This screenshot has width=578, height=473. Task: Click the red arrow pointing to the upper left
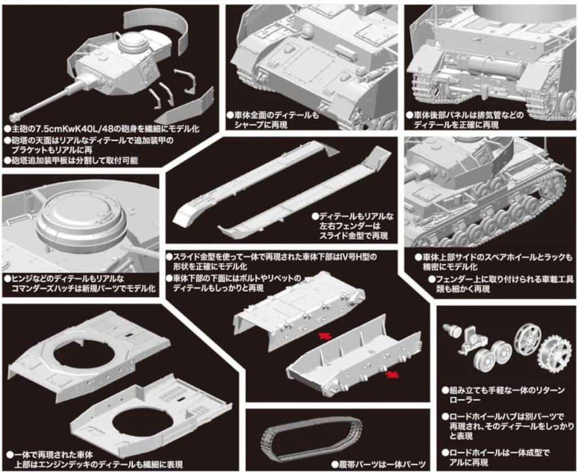(x=325, y=335)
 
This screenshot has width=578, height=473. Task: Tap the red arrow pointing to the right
(x=392, y=375)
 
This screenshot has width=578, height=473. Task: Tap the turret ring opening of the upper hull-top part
(x=86, y=356)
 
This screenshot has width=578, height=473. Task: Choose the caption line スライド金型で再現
(x=353, y=236)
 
